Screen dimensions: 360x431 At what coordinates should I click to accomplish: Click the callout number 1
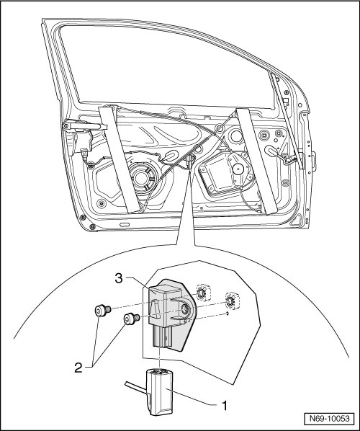225,406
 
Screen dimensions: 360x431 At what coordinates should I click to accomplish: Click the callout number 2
78,368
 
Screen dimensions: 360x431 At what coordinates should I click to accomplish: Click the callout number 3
119,278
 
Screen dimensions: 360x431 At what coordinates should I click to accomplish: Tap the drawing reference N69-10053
329,418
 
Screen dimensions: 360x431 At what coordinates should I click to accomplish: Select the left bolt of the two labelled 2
102,311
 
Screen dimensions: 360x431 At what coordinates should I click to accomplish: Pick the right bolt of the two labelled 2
132,319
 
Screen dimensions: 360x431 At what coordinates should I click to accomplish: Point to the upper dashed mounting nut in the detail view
202,293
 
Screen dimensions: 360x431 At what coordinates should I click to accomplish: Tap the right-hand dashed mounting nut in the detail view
230,301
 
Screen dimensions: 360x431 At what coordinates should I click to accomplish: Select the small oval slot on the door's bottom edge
124,225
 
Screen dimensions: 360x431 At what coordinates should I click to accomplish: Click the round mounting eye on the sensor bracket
184,310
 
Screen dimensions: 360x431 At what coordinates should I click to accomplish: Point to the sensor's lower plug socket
163,338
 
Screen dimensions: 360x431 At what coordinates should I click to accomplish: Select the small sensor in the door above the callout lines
189,161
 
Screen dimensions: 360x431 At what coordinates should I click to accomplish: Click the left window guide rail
119,159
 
